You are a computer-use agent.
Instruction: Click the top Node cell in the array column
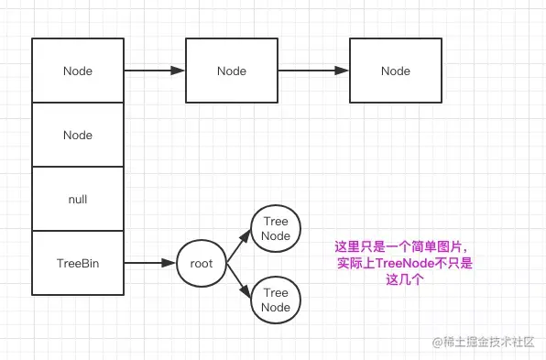78,71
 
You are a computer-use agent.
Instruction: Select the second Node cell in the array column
78,135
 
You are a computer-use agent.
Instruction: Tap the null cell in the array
78,199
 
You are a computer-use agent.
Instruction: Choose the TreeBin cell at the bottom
78,263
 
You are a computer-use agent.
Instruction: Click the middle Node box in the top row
232,71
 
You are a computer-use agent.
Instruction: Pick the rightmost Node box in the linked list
396,71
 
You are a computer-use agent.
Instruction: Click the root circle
201,263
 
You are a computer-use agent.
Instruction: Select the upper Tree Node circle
276,229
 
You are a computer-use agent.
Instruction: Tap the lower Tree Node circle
276,300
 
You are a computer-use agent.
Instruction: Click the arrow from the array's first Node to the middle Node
154,71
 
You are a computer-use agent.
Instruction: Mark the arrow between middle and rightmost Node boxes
313,71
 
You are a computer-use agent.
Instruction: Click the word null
78,199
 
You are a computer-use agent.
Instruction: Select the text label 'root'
201,263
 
